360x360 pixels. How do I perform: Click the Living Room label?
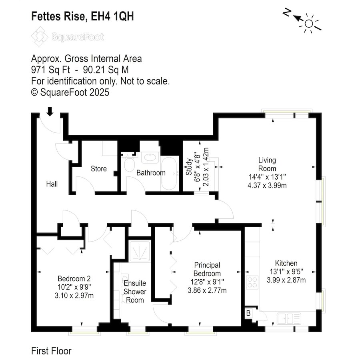coord(267,164)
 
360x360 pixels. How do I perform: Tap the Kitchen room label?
coord(286,263)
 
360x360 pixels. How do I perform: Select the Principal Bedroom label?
coord(207,269)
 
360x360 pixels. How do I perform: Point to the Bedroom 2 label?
coord(74,279)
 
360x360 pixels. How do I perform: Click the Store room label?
coord(99,169)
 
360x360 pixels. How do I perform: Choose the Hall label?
coord(52,184)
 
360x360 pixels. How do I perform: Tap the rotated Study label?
coord(189,167)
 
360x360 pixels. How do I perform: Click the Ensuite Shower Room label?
coord(135,292)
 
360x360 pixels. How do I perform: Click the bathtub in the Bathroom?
coord(169,173)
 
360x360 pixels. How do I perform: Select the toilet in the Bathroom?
coord(129,164)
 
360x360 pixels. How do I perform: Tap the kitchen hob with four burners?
coord(252,282)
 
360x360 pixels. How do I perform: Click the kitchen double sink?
coord(289,319)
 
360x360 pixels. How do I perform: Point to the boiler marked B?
coord(248,313)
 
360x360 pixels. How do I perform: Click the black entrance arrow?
coord(50,111)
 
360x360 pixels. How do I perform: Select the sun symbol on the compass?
coord(309,24)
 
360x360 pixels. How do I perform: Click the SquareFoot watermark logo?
coord(68,36)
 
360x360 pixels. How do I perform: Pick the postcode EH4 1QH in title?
coord(112,16)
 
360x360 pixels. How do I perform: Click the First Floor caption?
coord(51,351)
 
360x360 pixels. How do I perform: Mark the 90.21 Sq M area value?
coord(106,70)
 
